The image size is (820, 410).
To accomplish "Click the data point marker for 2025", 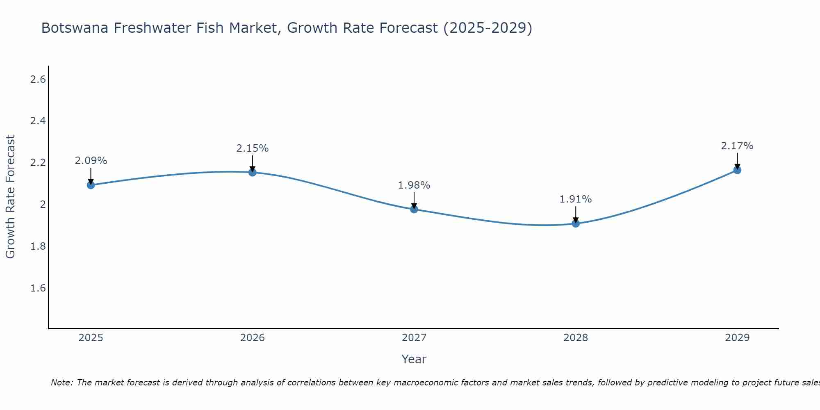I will (91, 185).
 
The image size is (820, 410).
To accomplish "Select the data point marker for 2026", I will (253, 172).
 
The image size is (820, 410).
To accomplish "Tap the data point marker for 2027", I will (414, 209).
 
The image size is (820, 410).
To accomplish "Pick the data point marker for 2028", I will (576, 223).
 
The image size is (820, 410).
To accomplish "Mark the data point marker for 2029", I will (737, 170).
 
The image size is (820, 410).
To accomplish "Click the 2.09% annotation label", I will (91, 161).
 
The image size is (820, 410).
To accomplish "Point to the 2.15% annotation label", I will (253, 148).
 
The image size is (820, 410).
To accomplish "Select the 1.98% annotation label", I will (414, 185).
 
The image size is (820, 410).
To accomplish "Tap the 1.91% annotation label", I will (576, 199).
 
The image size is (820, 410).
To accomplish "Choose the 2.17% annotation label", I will (737, 146).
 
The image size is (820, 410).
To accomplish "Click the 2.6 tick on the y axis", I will (38, 80).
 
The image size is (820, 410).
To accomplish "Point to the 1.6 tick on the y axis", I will (38, 288).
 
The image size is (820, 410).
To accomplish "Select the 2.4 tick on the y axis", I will (38, 121).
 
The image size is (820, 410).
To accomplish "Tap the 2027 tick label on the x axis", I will (414, 338).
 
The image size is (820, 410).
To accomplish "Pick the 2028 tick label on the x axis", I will (576, 338).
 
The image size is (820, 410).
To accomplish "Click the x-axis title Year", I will (414, 359).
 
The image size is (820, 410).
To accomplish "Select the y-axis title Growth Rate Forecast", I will (10, 197).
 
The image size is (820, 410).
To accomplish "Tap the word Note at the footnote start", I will (61, 383).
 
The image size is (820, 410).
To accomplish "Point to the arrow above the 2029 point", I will (737, 161).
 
